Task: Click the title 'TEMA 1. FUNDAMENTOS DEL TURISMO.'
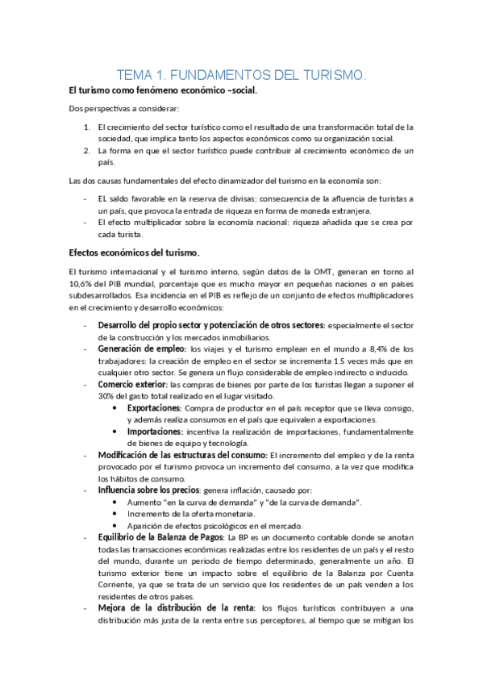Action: tap(241, 75)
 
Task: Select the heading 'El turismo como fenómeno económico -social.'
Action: tap(163, 91)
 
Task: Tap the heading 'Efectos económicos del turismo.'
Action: tap(134, 253)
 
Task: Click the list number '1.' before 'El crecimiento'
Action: tap(87, 127)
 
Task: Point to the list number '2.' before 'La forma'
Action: tap(87, 150)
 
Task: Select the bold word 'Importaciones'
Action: tap(154, 432)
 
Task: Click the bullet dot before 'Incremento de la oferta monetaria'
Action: tap(118, 514)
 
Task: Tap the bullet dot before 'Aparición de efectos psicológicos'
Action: tap(118, 525)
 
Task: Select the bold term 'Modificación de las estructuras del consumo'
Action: tap(182, 455)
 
